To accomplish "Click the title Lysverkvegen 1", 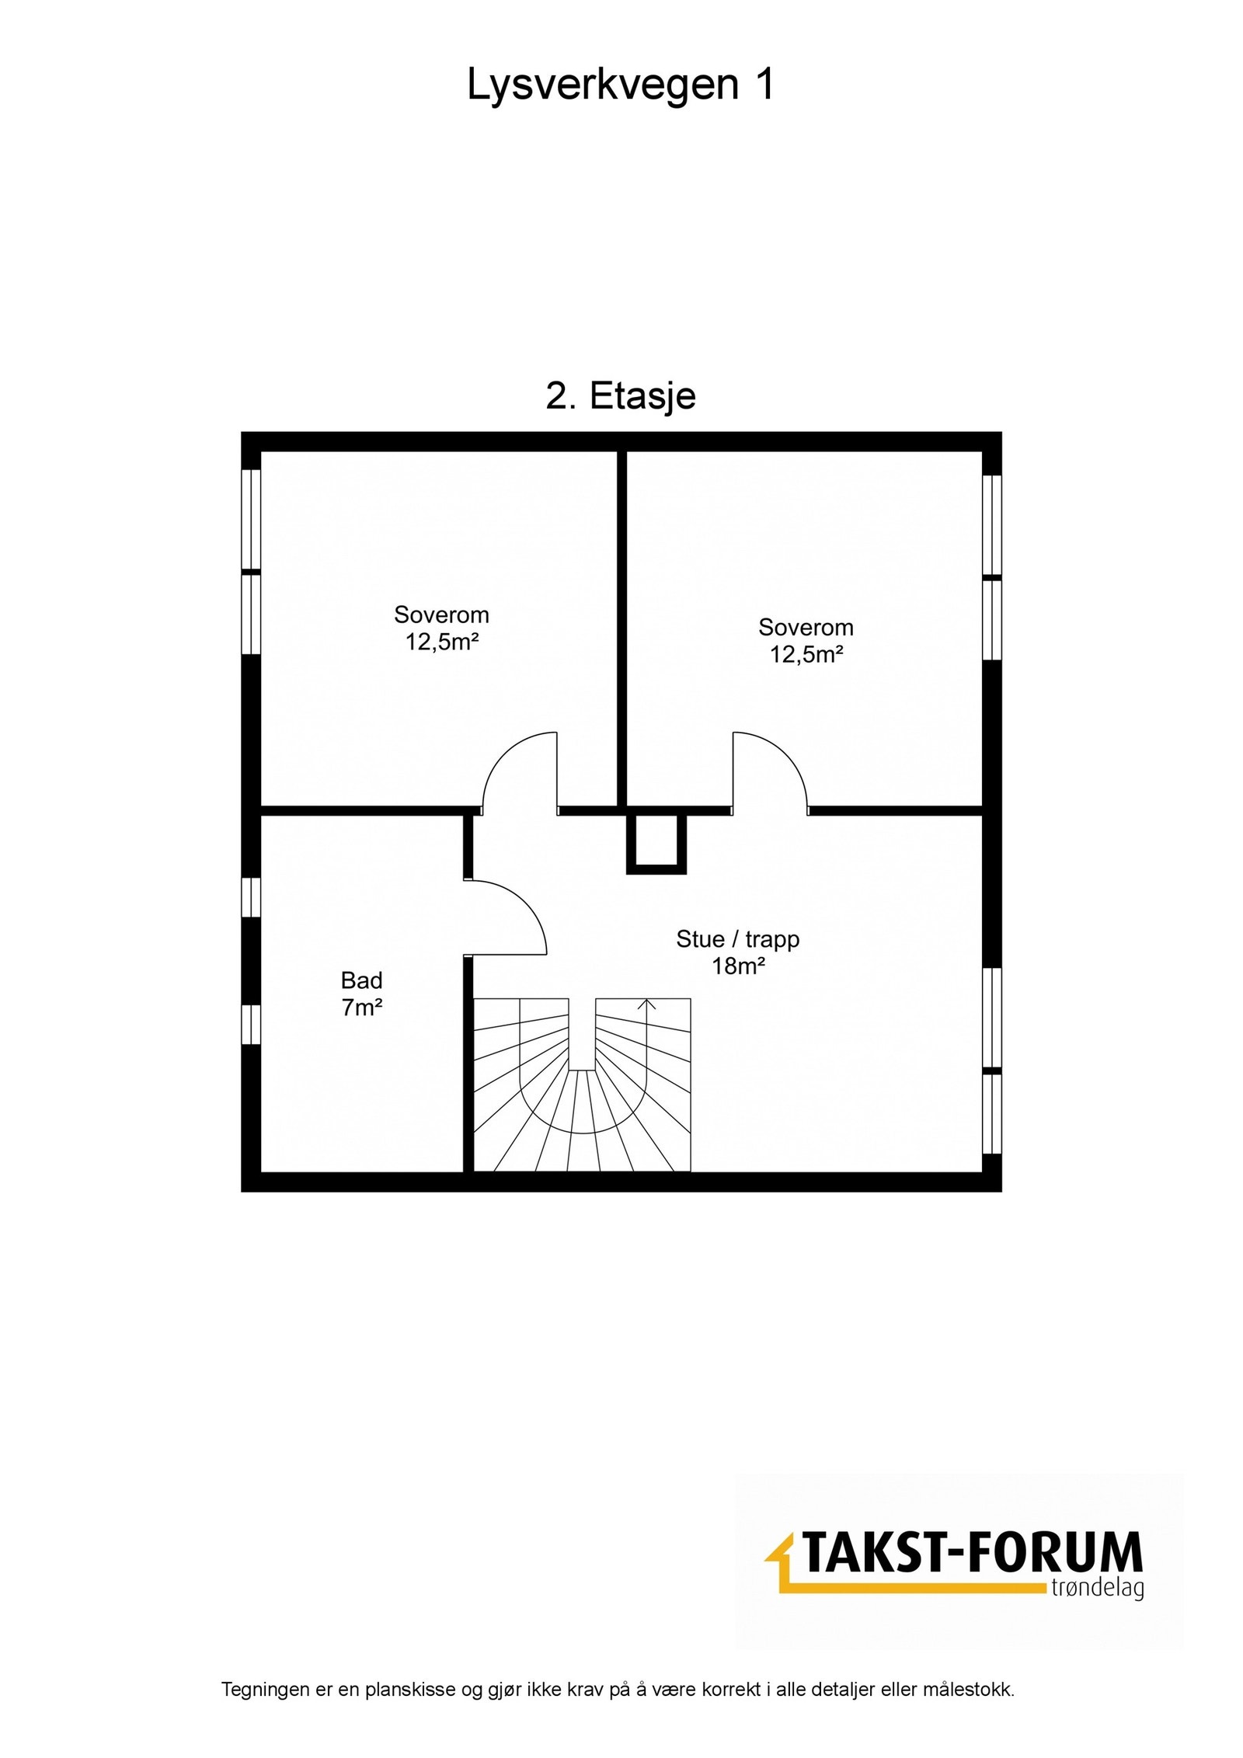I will coord(620,84).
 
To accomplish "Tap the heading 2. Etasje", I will coord(620,397).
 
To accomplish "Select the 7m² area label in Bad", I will coord(361,1008).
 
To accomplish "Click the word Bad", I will coord(361,980).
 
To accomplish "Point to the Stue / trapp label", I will coord(737,939).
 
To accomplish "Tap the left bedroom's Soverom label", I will coord(441,614).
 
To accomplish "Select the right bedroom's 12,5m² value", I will coord(806,654).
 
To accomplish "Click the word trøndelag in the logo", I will coord(1096,1588).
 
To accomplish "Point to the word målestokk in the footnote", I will coord(975,1711).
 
